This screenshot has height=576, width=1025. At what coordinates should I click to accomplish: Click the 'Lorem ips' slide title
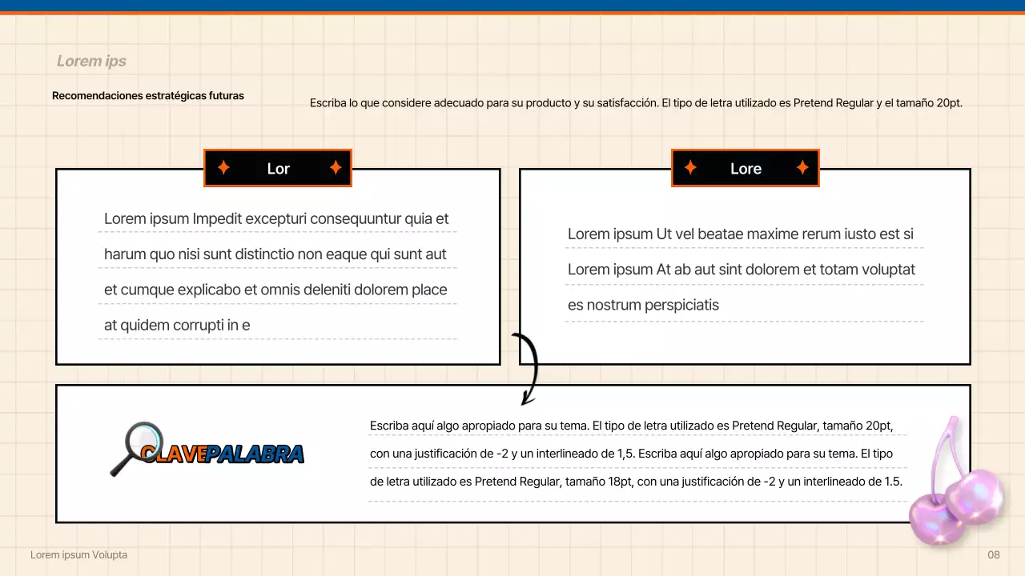91,62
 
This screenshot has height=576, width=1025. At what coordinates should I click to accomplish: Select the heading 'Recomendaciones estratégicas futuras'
148,96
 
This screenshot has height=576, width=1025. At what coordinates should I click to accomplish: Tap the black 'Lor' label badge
278,169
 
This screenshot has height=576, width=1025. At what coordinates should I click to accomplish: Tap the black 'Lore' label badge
746,169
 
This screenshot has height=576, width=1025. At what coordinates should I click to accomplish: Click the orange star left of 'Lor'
224,168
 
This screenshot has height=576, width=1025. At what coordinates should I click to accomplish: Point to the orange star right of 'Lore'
802,168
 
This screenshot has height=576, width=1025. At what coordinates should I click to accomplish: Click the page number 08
994,555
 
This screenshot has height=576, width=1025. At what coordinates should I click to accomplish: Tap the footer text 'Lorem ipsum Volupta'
78,555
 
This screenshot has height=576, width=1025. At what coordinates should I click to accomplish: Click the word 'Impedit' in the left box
217,219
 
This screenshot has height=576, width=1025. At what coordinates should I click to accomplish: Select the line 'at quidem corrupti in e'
177,326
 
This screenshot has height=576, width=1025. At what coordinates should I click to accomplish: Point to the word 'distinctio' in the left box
259,254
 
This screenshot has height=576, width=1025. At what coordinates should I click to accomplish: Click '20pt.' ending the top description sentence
949,103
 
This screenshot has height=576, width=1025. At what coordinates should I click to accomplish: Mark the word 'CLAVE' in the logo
173,454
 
